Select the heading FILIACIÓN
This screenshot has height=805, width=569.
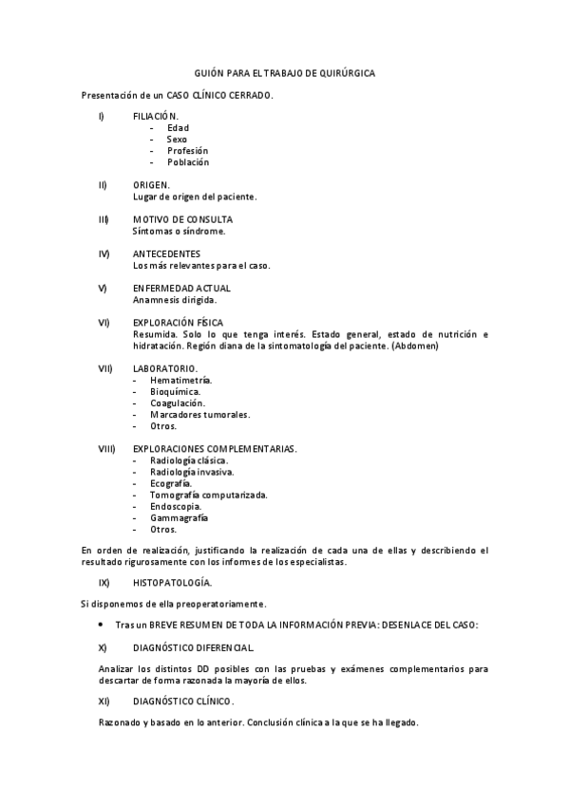(x=156, y=116)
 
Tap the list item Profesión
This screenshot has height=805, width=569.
(x=187, y=150)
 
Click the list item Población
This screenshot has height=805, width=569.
(x=187, y=161)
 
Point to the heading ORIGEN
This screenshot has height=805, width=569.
(x=152, y=184)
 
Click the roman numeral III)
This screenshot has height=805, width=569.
(x=104, y=219)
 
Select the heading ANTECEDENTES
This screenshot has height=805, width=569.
(x=166, y=253)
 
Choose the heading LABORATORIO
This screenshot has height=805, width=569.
(x=165, y=367)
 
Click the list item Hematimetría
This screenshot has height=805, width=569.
(x=180, y=379)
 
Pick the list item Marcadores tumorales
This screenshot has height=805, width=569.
(x=200, y=414)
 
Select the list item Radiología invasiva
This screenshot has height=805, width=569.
(x=192, y=471)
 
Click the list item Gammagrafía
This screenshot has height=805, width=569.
(x=180, y=517)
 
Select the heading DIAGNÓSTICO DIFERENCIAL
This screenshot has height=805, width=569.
(x=193, y=647)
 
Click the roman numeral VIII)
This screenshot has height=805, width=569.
(x=106, y=448)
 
